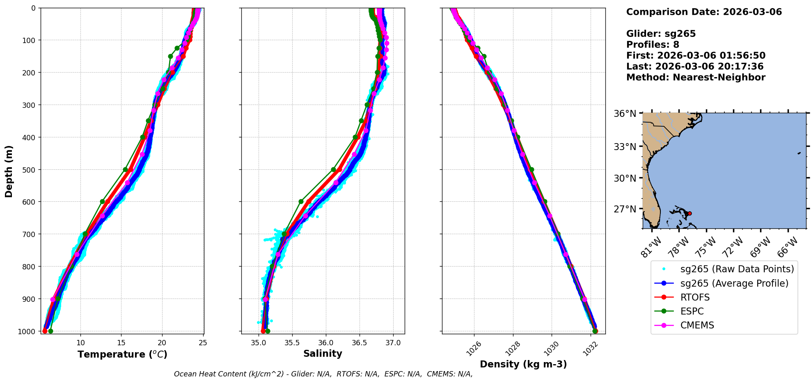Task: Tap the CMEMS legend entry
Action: pos(697,325)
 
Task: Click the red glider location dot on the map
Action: pos(690,213)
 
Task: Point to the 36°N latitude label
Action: pos(625,114)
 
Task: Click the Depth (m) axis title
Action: pos(9,171)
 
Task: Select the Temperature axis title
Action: pos(122,354)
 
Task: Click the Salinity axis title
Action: pos(323,353)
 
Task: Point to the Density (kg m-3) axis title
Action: pos(523,364)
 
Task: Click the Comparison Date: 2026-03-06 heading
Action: pos(704,12)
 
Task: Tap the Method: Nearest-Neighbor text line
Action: pos(696,78)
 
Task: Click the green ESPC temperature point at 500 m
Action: pos(126,169)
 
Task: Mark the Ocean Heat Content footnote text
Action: pos(323,374)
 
